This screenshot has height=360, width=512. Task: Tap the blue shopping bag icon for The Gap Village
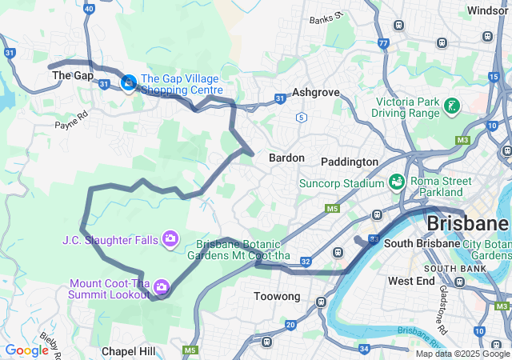click(x=128, y=82)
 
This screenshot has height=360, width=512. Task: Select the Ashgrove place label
click(x=316, y=92)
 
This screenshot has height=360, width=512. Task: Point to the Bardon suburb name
click(x=286, y=158)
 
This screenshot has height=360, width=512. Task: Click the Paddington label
click(x=350, y=162)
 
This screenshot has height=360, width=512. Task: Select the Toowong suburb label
click(x=277, y=296)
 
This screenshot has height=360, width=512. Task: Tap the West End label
click(x=411, y=281)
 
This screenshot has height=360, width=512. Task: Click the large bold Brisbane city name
click(x=468, y=222)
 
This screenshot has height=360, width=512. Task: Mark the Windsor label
click(x=488, y=10)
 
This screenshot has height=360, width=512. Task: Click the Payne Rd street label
click(x=70, y=125)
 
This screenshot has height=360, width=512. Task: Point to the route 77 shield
click(x=384, y=42)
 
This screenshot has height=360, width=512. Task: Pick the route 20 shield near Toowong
click(x=290, y=325)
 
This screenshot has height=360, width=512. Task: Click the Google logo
click(x=26, y=350)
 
